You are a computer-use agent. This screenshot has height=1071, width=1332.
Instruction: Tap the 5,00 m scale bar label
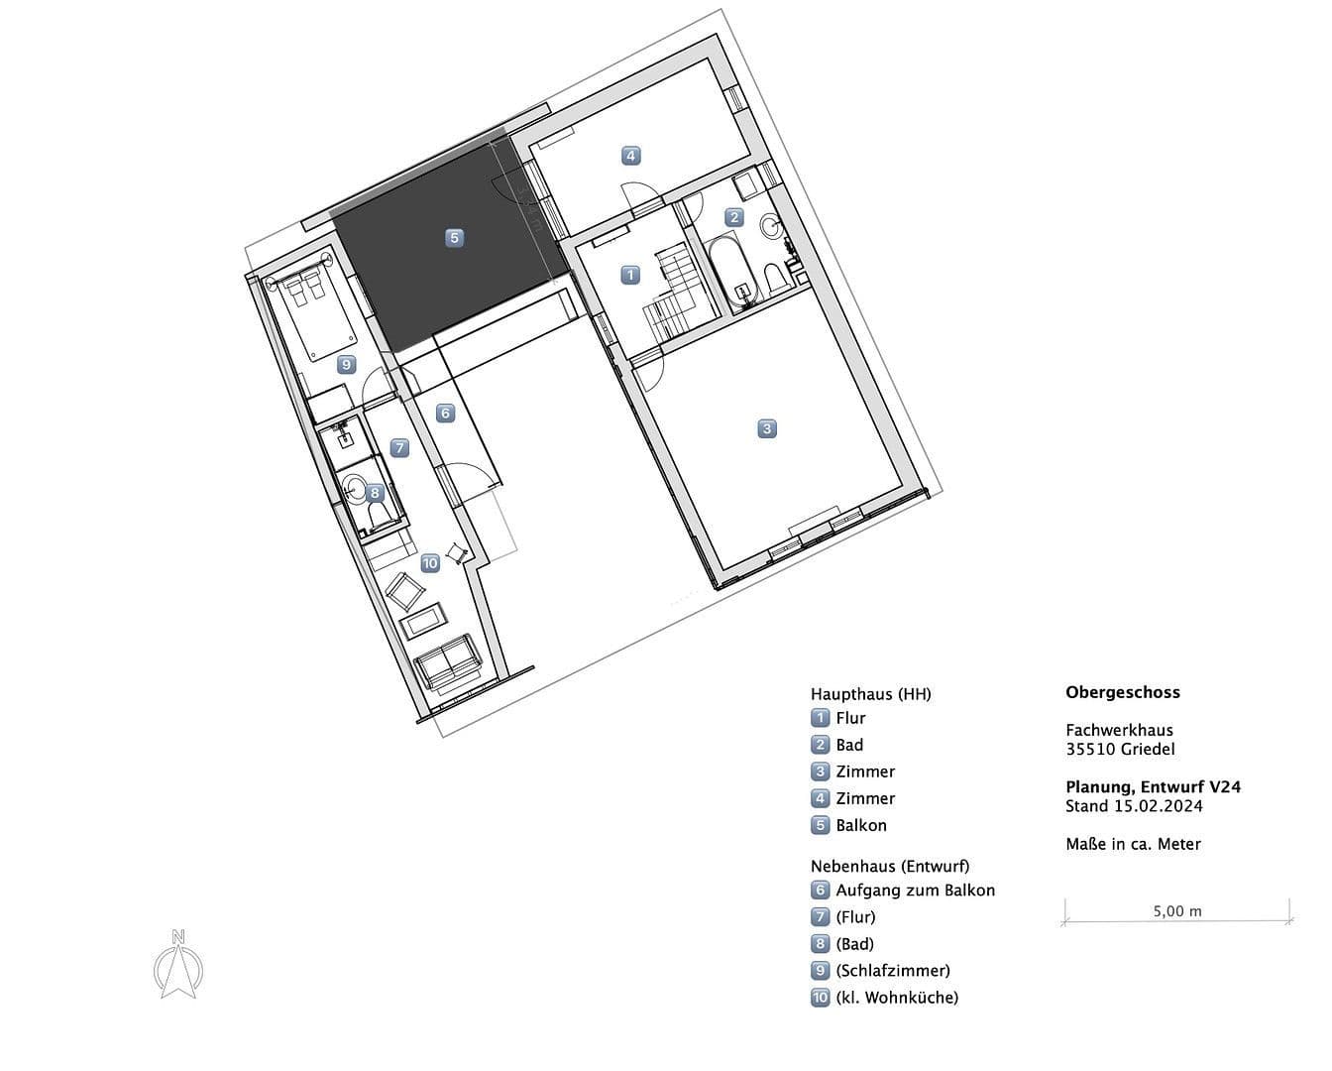point(1177,910)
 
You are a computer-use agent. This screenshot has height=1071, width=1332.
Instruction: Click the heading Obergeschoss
point(1123,692)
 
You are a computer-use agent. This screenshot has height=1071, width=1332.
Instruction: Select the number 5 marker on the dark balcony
point(454,238)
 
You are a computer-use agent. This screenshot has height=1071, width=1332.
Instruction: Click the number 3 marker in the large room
point(766,428)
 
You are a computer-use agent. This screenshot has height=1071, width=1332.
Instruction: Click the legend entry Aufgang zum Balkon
point(915,891)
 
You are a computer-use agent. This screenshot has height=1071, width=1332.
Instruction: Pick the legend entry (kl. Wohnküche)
point(896,998)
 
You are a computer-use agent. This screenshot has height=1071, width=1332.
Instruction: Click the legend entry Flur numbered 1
point(850,718)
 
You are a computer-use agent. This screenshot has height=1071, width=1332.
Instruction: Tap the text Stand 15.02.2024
point(1134,806)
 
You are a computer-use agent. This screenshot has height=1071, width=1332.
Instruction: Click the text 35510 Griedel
point(1120,749)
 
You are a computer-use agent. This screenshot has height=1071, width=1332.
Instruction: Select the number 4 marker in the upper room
point(630,156)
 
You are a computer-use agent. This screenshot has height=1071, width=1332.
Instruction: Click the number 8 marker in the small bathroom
point(374,492)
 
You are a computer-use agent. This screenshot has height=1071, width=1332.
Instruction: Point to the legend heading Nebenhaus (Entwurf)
point(889,866)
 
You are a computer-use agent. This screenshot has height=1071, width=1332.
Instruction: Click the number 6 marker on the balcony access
point(445,413)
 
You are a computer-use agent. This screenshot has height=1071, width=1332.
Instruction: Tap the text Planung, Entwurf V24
point(1153,786)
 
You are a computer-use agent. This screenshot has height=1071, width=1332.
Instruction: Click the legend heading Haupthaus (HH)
point(870,694)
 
